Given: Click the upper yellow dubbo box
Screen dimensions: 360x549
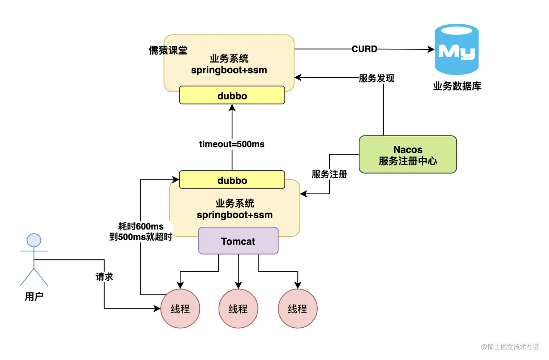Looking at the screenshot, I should coord(232,95).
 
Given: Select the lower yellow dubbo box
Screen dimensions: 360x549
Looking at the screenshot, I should coord(232,180).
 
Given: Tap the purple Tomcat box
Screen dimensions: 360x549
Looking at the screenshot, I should coord(238,241).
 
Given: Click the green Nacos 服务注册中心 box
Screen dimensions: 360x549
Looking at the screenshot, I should coord(408,155).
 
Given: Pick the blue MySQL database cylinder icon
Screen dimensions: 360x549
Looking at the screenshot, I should coord(456,49).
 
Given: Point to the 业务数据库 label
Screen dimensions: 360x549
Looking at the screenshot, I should coord(457,86).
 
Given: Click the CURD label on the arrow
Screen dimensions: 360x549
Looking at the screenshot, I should coord(364,49).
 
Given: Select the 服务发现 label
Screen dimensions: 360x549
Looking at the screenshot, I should coord(376,78).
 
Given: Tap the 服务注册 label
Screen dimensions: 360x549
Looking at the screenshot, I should coord(329,174).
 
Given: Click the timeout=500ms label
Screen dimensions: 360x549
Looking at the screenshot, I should coord(232,144).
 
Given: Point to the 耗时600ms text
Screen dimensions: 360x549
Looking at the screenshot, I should coord(141,226).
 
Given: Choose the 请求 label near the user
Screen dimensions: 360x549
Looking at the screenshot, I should coord(104,277).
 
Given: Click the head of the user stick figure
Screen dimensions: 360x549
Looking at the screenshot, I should coord(34,240).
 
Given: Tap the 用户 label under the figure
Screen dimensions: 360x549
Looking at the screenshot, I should coord(34,297).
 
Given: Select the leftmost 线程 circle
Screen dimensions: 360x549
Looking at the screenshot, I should coord(180,309).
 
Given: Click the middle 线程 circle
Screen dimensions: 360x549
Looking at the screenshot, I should coord(238,309).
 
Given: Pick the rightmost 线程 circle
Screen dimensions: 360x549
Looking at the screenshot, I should coord(297,309).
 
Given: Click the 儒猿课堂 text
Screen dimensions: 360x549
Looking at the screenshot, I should coord(168,50).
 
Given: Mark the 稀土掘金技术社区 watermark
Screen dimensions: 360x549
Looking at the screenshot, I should coord(510,347).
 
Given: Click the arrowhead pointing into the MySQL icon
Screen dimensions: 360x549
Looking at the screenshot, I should coord(431,49).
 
